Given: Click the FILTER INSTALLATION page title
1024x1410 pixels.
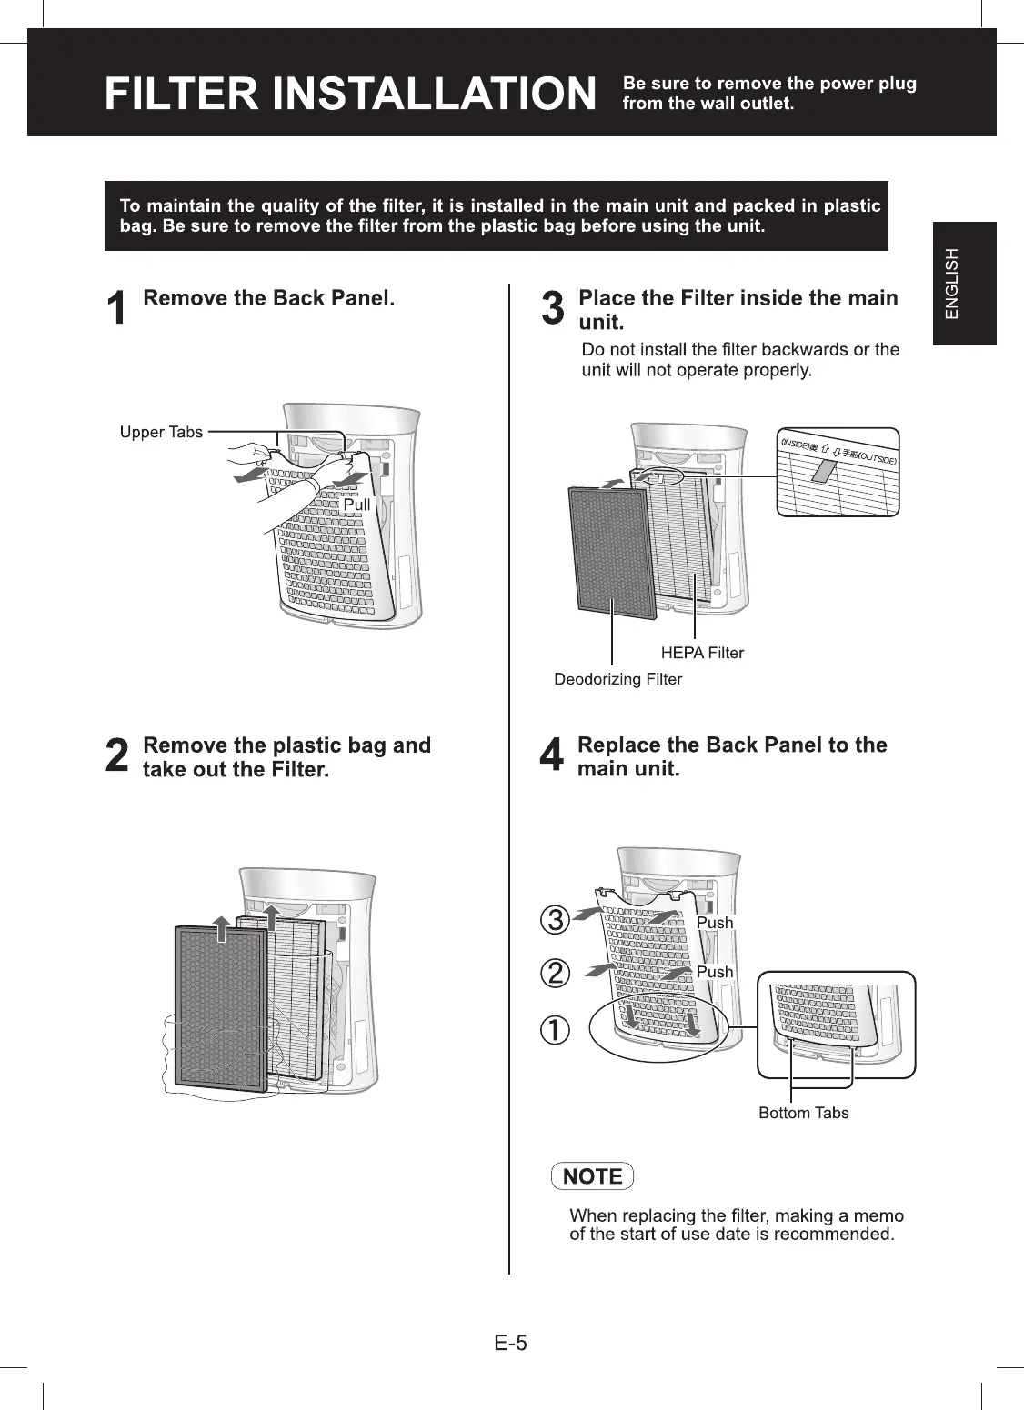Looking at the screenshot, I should pyautogui.click(x=350, y=94).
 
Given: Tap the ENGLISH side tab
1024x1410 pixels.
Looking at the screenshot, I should pyautogui.click(x=964, y=283).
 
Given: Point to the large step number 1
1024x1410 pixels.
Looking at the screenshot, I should pyautogui.click(x=116, y=309).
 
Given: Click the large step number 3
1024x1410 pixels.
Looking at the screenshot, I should pyautogui.click(x=552, y=309).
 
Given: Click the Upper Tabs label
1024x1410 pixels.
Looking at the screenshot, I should pyautogui.click(x=162, y=432).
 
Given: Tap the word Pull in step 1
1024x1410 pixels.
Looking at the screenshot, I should pyautogui.click(x=356, y=505).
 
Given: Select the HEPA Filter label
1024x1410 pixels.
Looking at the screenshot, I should pyautogui.click(x=702, y=653).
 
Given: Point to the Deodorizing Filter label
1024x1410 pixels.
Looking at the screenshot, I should pyautogui.click(x=618, y=679).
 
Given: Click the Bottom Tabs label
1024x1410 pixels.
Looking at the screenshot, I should pyautogui.click(x=804, y=1113).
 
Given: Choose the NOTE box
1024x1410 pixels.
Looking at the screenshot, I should pyautogui.click(x=593, y=1176).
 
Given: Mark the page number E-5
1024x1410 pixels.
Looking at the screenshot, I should pyautogui.click(x=511, y=1343).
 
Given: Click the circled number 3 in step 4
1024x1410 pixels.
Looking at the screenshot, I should pyautogui.click(x=555, y=920).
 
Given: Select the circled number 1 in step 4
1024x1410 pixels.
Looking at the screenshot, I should pyautogui.click(x=555, y=1030).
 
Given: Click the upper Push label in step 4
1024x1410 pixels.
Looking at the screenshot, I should pyautogui.click(x=715, y=923).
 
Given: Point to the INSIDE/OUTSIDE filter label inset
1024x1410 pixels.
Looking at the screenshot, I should pyautogui.click(x=838, y=472).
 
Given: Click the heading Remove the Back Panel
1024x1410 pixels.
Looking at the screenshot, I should pyautogui.click(x=269, y=298).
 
